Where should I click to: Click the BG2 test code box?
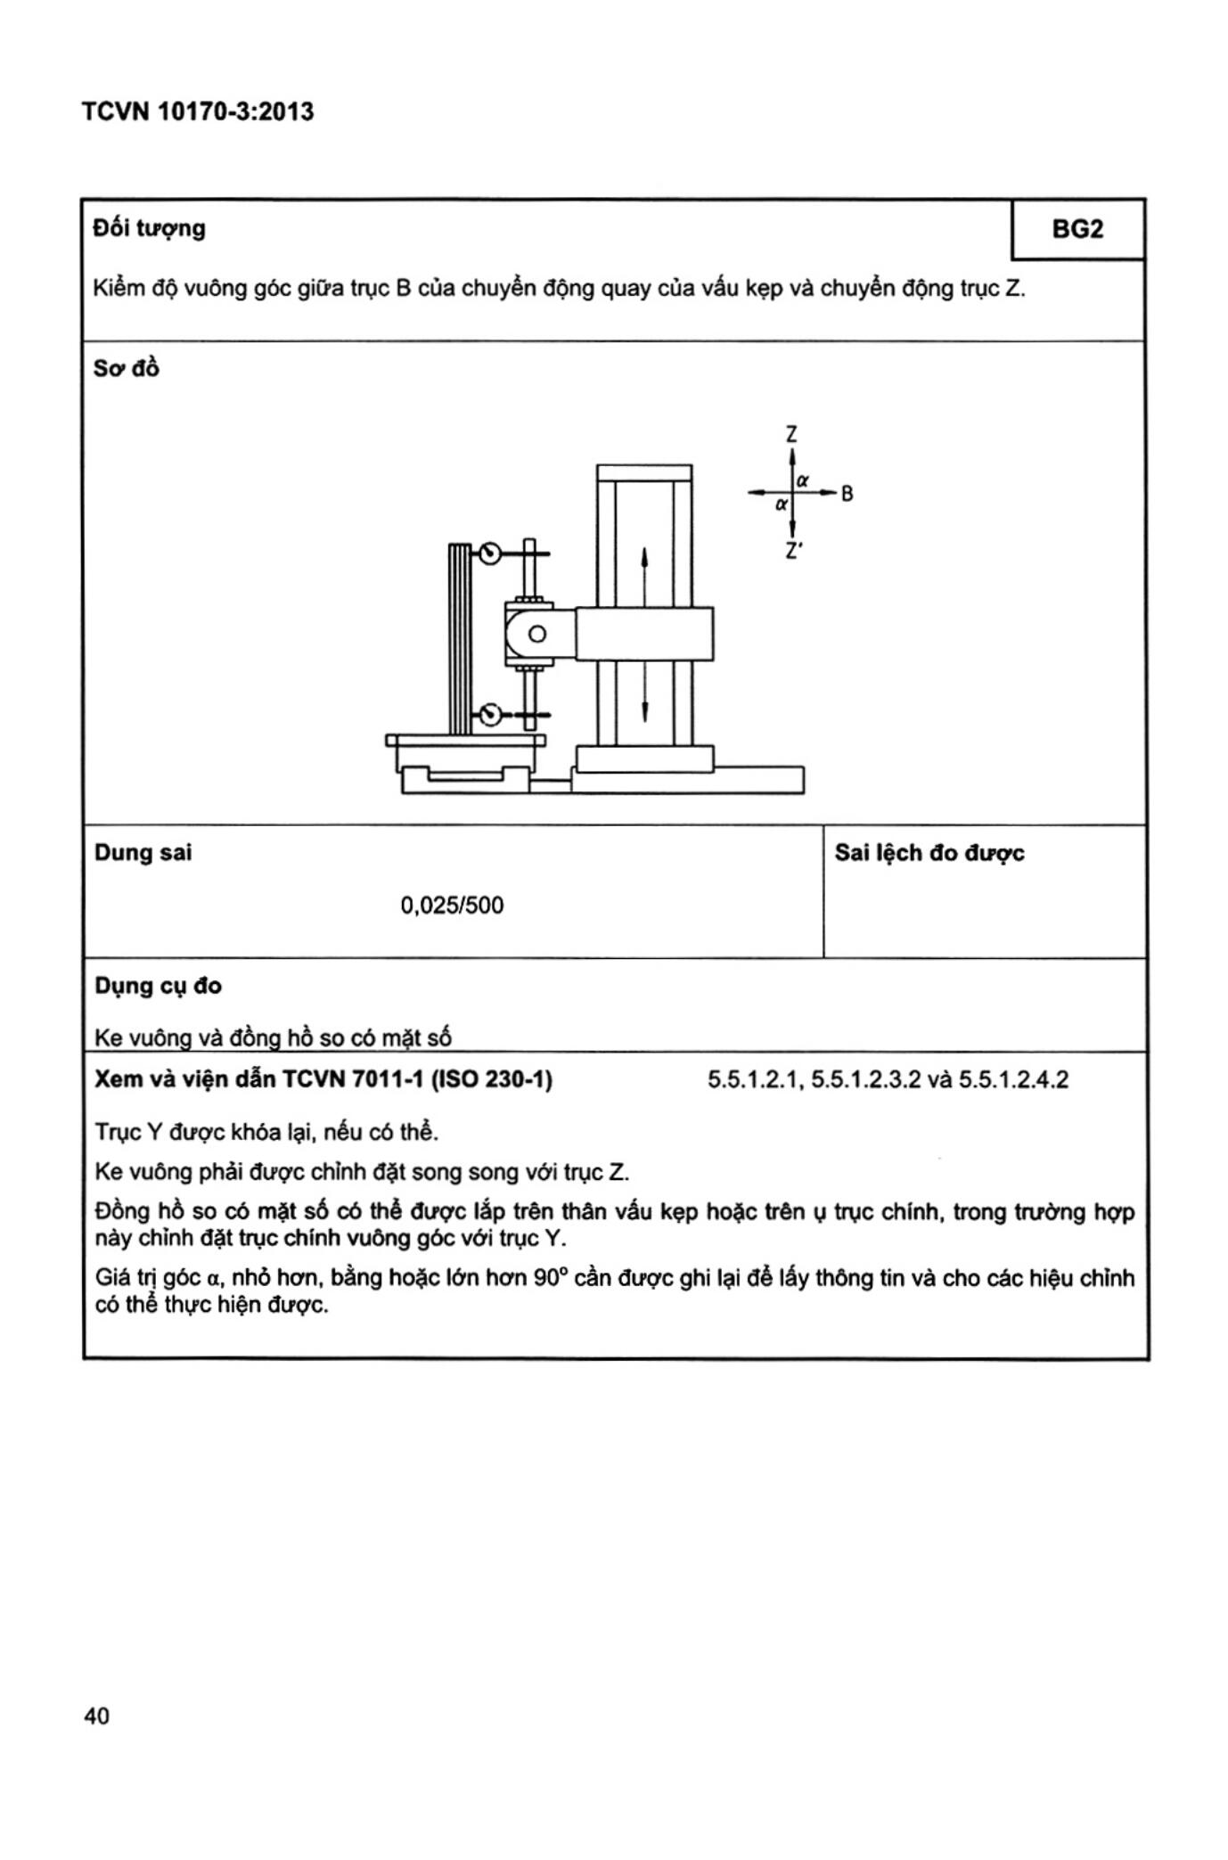[x=1077, y=230]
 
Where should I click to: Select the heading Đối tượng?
[x=149, y=229]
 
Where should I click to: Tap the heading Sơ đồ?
[x=126, y=368]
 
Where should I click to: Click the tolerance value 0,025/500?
[x=452, y=905]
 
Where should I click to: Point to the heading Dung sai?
[x=143, y=853]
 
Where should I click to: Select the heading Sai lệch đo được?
[x=929, y=854]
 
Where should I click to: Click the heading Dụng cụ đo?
[x=158, y=986]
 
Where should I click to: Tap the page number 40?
[x=96, y=1717]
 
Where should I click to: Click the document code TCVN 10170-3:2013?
[x=197, y=112]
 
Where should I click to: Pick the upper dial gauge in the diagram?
[x=489, y=554]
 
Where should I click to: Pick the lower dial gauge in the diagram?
[x=489, y=714]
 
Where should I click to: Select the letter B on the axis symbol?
[x=847, y=494]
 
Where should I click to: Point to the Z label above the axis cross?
[x=791, y=435]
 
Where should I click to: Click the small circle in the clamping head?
[x=536, y=635]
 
